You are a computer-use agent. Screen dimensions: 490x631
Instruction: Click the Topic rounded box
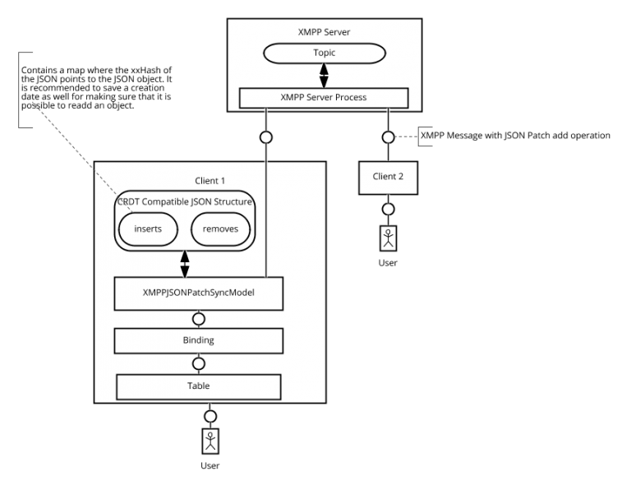point(324,53)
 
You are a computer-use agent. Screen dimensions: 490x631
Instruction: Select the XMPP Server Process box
point(323,98)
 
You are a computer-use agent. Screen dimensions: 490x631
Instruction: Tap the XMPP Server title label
point(323,33)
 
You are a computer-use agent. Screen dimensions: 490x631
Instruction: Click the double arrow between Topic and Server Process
point(324,76)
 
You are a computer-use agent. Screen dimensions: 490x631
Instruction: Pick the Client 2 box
point(388,177)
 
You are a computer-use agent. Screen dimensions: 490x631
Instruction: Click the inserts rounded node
point(148,229)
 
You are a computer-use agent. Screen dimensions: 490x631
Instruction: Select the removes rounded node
point(220,229)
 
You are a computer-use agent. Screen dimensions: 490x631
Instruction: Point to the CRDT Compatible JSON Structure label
point(184,202)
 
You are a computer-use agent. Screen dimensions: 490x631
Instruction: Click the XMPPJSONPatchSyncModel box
point(198,294)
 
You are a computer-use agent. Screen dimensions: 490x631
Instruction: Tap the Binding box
point(198,340)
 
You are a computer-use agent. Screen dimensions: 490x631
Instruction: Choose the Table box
point(198,386)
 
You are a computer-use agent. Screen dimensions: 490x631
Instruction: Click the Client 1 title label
point(210,181)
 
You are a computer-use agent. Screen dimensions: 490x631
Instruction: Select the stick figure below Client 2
point(388,238)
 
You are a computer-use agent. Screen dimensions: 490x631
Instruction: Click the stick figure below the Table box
point(211,441)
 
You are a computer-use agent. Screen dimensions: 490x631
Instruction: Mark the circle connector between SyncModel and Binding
point(198,319)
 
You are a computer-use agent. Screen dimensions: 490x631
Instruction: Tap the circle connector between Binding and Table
point(198,363)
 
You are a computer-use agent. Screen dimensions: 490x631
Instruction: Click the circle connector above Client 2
point(388,136)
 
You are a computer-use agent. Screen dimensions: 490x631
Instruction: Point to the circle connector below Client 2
point(388,209)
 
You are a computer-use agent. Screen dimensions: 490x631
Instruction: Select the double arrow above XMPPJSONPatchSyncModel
point(184,263)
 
